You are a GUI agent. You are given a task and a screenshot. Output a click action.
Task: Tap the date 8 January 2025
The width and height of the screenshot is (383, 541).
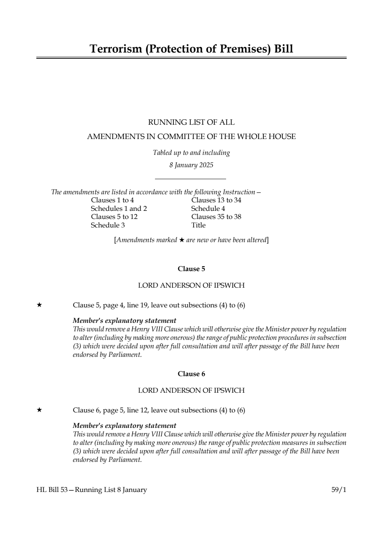[x=191, y=165]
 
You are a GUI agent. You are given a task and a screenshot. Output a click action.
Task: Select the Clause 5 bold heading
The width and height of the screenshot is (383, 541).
[x=191, y=269]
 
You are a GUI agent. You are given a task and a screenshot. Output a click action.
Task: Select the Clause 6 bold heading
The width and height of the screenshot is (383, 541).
[x=191, y=374]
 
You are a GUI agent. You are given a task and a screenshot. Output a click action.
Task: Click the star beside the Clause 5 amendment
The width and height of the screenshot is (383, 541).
[x=39, y=305]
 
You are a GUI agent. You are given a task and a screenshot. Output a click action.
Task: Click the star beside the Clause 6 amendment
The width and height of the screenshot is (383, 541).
[x=39, y=410]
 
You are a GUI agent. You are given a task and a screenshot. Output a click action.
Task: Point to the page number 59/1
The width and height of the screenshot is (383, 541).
[x=339, y=490]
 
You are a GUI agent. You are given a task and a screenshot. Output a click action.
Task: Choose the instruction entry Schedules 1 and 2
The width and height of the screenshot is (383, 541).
[x=119, y=209]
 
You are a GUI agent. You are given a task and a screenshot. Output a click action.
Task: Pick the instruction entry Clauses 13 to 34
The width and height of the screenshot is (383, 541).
[x=216, y=200]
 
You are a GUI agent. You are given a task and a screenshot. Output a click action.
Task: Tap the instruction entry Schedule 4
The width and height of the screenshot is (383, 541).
[x=208, y=209]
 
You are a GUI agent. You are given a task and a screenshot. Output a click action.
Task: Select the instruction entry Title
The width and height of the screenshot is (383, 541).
[x=198, y=225]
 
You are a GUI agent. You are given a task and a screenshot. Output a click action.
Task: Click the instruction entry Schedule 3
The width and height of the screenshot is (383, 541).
[x=108, y=225]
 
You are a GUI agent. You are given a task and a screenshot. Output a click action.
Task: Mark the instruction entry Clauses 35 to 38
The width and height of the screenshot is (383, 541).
[x=216, y=217]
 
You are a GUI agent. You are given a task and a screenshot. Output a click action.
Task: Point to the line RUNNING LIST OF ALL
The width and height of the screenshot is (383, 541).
[x=191, y=122]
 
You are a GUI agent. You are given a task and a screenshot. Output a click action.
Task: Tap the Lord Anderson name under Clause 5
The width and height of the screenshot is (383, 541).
[x=191, y=285]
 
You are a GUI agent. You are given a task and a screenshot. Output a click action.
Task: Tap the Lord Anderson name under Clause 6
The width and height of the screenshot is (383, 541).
[x=191, y=390]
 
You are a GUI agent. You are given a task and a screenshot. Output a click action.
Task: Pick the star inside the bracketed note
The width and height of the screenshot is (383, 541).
[x=181, y=240]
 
